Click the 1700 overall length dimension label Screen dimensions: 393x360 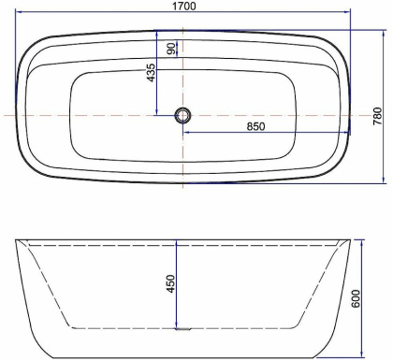coord(184,6)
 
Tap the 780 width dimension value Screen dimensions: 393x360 coord(378,116)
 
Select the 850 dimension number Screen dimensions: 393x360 coord(255,126)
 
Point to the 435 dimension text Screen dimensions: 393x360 coord(151,73)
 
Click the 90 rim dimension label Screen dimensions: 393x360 coord(171,49)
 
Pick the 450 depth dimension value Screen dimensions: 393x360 coord(171,283)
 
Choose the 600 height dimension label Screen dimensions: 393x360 coord(356,299)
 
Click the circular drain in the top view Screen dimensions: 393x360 coord(182,115)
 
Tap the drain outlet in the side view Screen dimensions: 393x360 coord(182,328)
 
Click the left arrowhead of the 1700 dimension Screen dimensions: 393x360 coord(19,12)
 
